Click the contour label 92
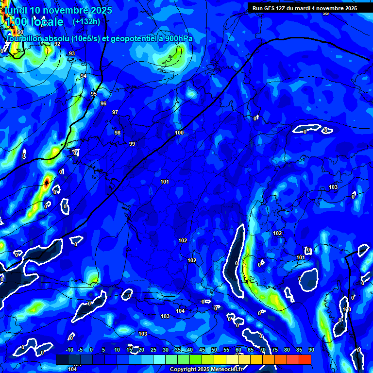(x=57, y=44)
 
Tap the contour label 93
(x=72, y=54)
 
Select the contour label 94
(x=84, y=76)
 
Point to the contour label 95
(x=94, y=94)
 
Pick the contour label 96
(x=103, y=103)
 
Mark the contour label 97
(x=115, y=113)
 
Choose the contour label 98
(x=118, y=133)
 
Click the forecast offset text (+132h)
(x=86, y=22)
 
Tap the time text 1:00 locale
(x=34, y=22)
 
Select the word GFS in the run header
(x=271, y=8)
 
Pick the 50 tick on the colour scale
(x=214, y=350)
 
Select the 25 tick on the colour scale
(x=153, y=350)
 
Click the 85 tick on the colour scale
(x=299, y=350)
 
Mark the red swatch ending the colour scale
(x=305, y=359)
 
